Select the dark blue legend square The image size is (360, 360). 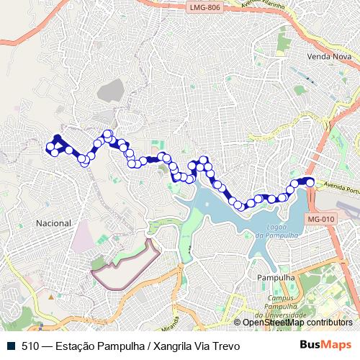(12, 346)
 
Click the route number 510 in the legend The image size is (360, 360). (31, 346)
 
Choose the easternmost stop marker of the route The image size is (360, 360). (311, 183)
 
